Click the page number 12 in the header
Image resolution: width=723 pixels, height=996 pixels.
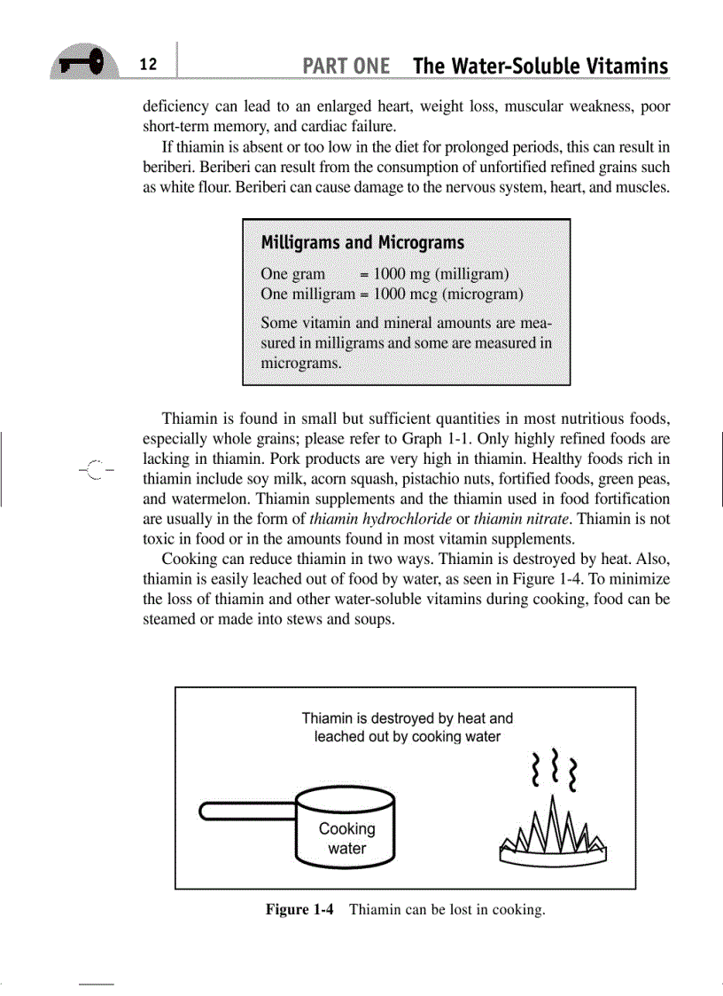coord(148,65)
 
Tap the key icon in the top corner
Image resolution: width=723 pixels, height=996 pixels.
coord(84,63)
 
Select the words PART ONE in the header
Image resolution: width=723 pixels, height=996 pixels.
coord(346,67)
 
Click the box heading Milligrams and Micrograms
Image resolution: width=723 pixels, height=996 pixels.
coord(361,243)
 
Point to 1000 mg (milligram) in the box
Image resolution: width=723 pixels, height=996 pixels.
coord(440,274)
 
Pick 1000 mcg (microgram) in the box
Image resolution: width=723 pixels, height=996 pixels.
coord(449,294)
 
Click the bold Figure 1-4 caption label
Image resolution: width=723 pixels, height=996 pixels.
coord(299,910)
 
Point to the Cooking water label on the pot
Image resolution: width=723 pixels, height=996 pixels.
coord(346,838)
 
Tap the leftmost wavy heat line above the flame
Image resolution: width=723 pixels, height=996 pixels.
coord(534,768)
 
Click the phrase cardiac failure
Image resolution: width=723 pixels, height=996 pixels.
coord(341,126)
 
